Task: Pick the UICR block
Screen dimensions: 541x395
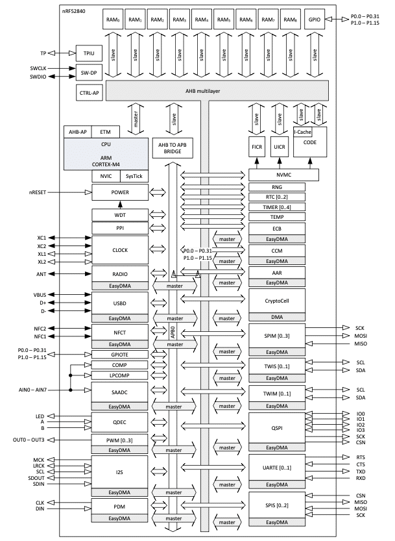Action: coord(280,147)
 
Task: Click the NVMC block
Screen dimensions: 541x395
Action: coord(284,175)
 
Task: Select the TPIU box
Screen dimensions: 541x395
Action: coord(88,53)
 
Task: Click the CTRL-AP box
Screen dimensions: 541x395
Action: coord(88,93)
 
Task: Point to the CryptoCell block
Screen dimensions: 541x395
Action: coord(277,299)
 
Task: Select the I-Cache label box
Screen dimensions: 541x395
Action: coord(302,131)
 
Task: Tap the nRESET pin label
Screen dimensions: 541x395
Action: coord(41,193)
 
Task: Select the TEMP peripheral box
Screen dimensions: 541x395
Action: coord(277,217)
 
